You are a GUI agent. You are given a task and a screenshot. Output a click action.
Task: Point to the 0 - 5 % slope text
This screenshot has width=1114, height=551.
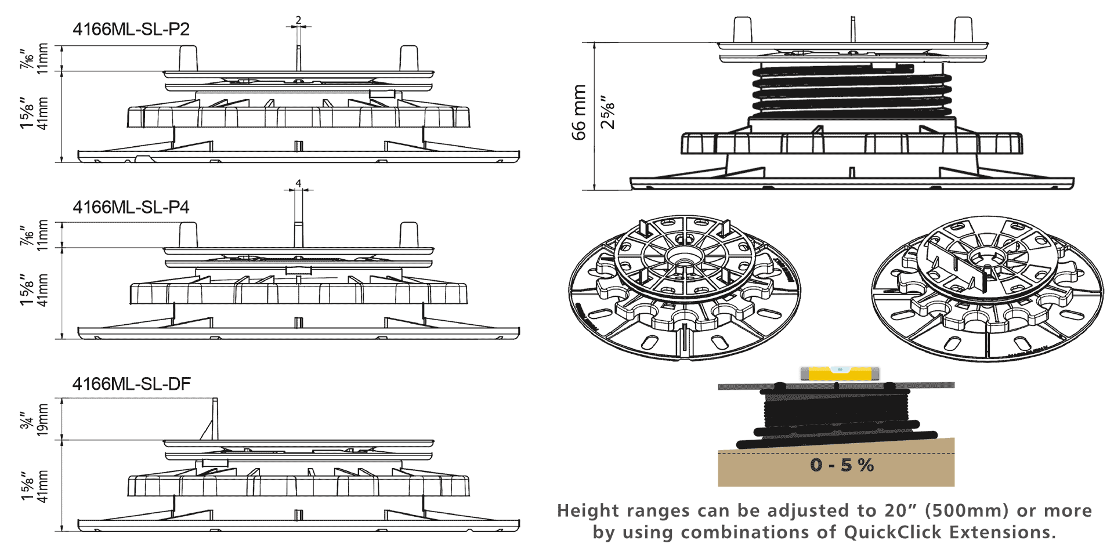point(842,465)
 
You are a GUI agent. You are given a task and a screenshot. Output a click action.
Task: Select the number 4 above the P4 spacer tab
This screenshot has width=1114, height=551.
point(298,183)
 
